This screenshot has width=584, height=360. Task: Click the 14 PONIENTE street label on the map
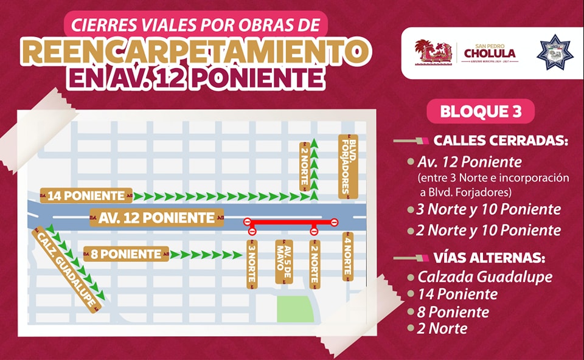pyautogui.click(x=86, y=196)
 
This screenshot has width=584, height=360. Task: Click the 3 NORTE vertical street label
pyautogui.click(x=252, y=263)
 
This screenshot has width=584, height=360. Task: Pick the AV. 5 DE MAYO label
pyautogui.click(x=283, y=263)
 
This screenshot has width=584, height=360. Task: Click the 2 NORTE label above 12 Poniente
pyautogui.click(x=304, y=165)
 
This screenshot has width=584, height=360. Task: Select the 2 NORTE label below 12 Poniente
pyautogui.click(x=314, y=263)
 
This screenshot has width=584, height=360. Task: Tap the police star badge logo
pyautogui.click(x=555, y=52)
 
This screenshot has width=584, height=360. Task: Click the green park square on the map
pyautogui.click(x=294, y=310)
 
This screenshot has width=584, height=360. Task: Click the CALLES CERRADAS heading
pyautogui.click(x=500, y=141)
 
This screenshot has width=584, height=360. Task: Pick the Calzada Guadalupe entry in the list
pyautogui.click(x=485, y=277)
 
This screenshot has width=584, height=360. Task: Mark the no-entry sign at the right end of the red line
pyautogui.click(x=334, y=223)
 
